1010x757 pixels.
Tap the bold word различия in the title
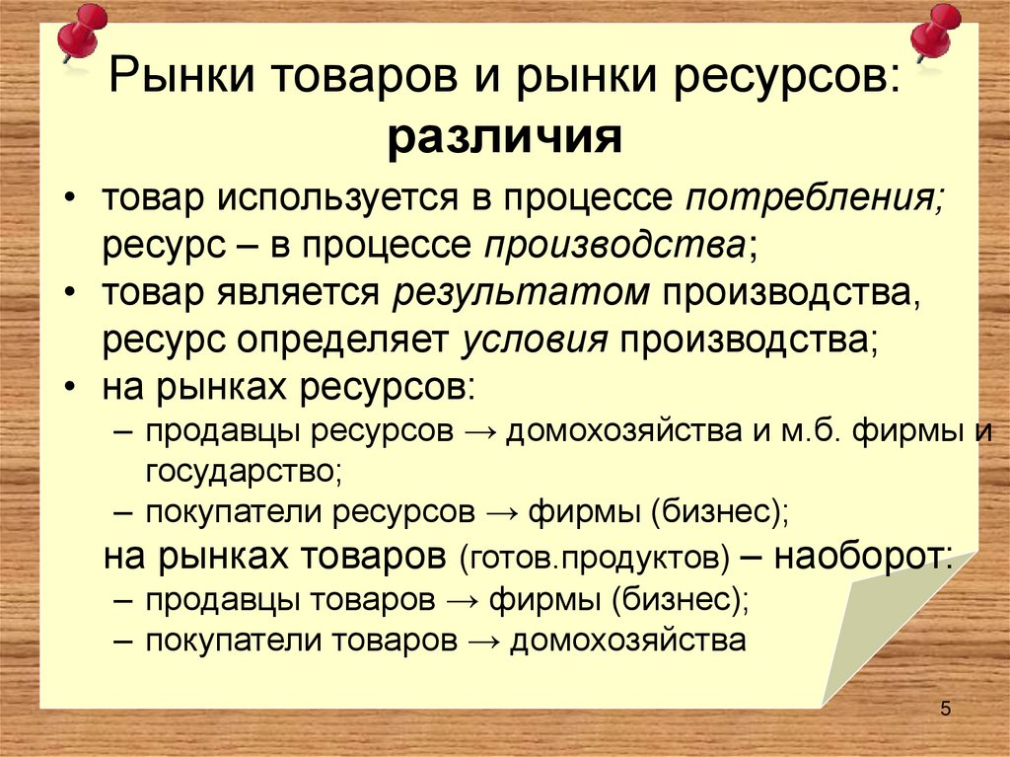click(504, 135)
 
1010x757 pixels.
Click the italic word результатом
click(523, 293)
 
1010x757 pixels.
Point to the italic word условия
click(534, 341)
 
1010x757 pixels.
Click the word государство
click(242, 471)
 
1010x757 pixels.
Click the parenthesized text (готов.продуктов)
click(594, 559)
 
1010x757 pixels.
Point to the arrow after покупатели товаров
click(482, 642)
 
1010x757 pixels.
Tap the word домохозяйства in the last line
click(627, 641)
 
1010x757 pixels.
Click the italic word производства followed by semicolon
click(613, 246)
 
